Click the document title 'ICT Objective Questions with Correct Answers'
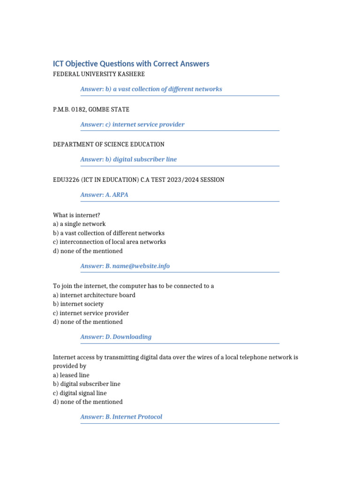coord(131,64)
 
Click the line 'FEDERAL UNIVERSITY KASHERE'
coord(99,74)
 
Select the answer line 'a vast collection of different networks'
coord(151,89)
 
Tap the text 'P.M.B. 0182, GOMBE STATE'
coord(91,109)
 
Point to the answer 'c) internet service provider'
coord(132,124)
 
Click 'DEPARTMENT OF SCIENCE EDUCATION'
coord(109,144)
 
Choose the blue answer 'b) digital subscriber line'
coord(128,159)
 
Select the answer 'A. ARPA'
coord(104,195)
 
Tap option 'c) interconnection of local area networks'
coord(109,242)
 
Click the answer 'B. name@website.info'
coord(125,266)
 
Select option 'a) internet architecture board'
coord(94,295)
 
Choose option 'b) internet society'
coord(78,304)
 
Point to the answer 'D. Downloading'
coord(116,337)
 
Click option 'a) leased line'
coord(71,375)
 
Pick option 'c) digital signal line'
coord(80,393)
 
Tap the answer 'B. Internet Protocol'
coord(121,417)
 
